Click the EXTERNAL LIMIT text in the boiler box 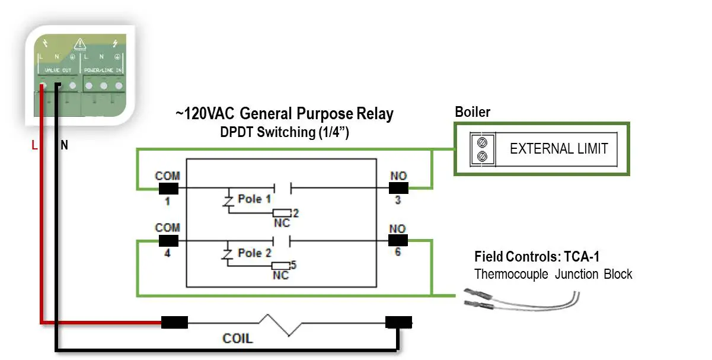pyautogui.click(x=558, y=148)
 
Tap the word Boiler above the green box pyautogui.click(x=472, y=112)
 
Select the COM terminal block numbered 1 pyautogui.click(x=169, y=188)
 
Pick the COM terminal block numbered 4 pyautogui.click(x=169, y=240)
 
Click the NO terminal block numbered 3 pyautogui.click(x=398, y=188)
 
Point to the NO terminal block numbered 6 pyautogui.click(x=398, y=240)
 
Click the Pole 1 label pyautogui.click(x=254, y=199)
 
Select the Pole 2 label pyautogui.click(x=254, y=253)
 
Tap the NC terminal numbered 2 pyautogui.click(x=281, y=213)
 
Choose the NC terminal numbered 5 pyautogui.click(x=281, y=266)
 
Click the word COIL pyautogui.click(x=238, y=339)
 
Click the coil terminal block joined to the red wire pyautogui.click(x=175, y=323)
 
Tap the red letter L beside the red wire pyautogui.click(x=35, y=145)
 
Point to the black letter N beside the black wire pyautogui.click(x=64, y=145)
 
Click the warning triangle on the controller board pyautogui.click(x=79, y=43)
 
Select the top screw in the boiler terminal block pyautogui.click(x=483, y=142)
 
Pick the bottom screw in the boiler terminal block pyautogui.click(x=483, y=156)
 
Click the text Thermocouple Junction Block pyautogui.click(x=553, y=275)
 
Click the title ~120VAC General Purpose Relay pyautogui.click(x=285, y=114)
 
